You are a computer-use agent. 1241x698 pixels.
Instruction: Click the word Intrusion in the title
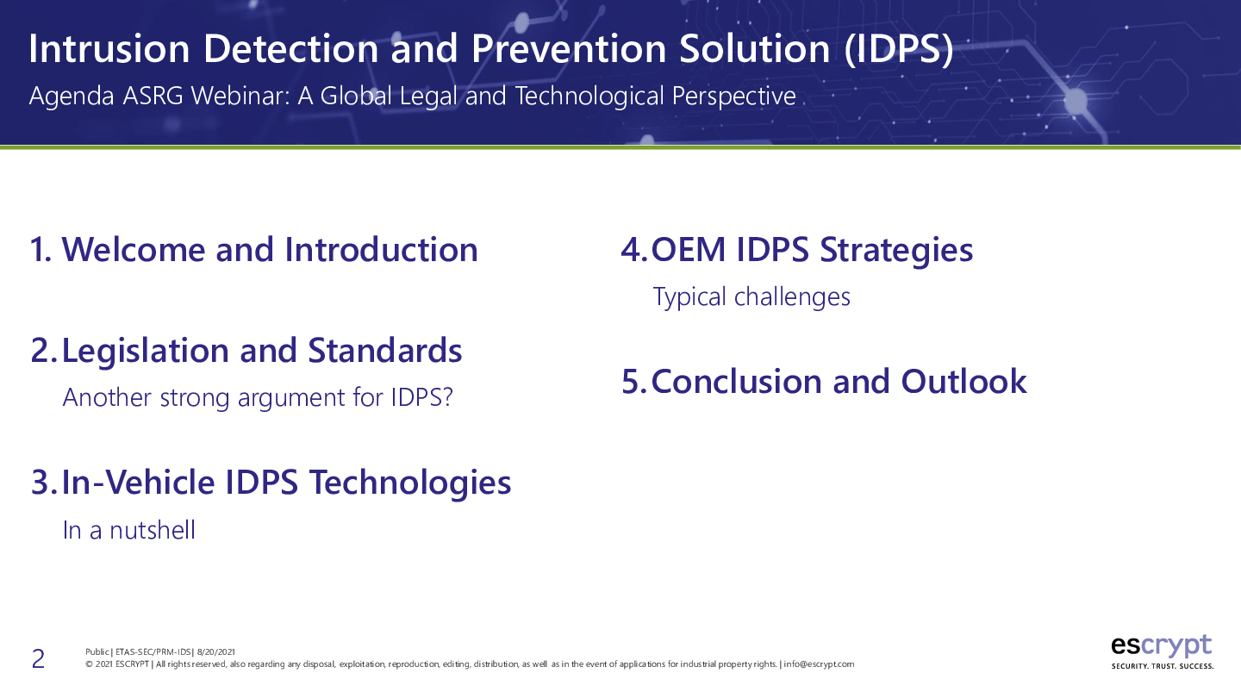tap(109, 49)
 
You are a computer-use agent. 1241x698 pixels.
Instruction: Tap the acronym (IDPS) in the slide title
tap(899, 50)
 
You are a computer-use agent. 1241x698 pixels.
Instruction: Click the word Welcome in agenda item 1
tap(134, 250)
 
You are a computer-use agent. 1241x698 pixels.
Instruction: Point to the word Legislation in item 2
tap(145, 352)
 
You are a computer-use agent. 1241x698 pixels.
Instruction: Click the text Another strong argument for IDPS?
tap(258, 398)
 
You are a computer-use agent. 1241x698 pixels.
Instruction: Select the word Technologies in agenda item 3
tap(410, 483)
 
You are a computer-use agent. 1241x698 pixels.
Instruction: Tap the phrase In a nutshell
tap(129, 530)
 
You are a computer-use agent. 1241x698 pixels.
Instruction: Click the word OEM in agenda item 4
tap(688, 250)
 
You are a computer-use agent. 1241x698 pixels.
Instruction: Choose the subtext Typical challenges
tap(751, 297)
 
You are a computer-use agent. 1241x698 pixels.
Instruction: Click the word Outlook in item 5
tap(963, 382)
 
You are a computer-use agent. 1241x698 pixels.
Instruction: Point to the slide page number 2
tap(38, 659)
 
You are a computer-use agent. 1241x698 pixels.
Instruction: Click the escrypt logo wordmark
tap(1161, 646)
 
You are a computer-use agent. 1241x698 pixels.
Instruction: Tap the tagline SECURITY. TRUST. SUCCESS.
tap(1163, 666)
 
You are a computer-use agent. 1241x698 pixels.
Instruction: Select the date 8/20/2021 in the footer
tap(216, 652)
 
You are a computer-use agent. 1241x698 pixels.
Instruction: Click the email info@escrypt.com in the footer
tap(819, 664)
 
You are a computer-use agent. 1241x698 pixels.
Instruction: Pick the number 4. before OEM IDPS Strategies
tap(634, 250)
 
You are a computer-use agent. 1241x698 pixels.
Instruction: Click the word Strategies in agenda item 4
tap(896, 251)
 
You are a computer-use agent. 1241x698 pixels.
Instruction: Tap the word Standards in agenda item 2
tap(384, 352)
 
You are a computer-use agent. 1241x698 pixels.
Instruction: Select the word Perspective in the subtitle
tap(733, 97)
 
